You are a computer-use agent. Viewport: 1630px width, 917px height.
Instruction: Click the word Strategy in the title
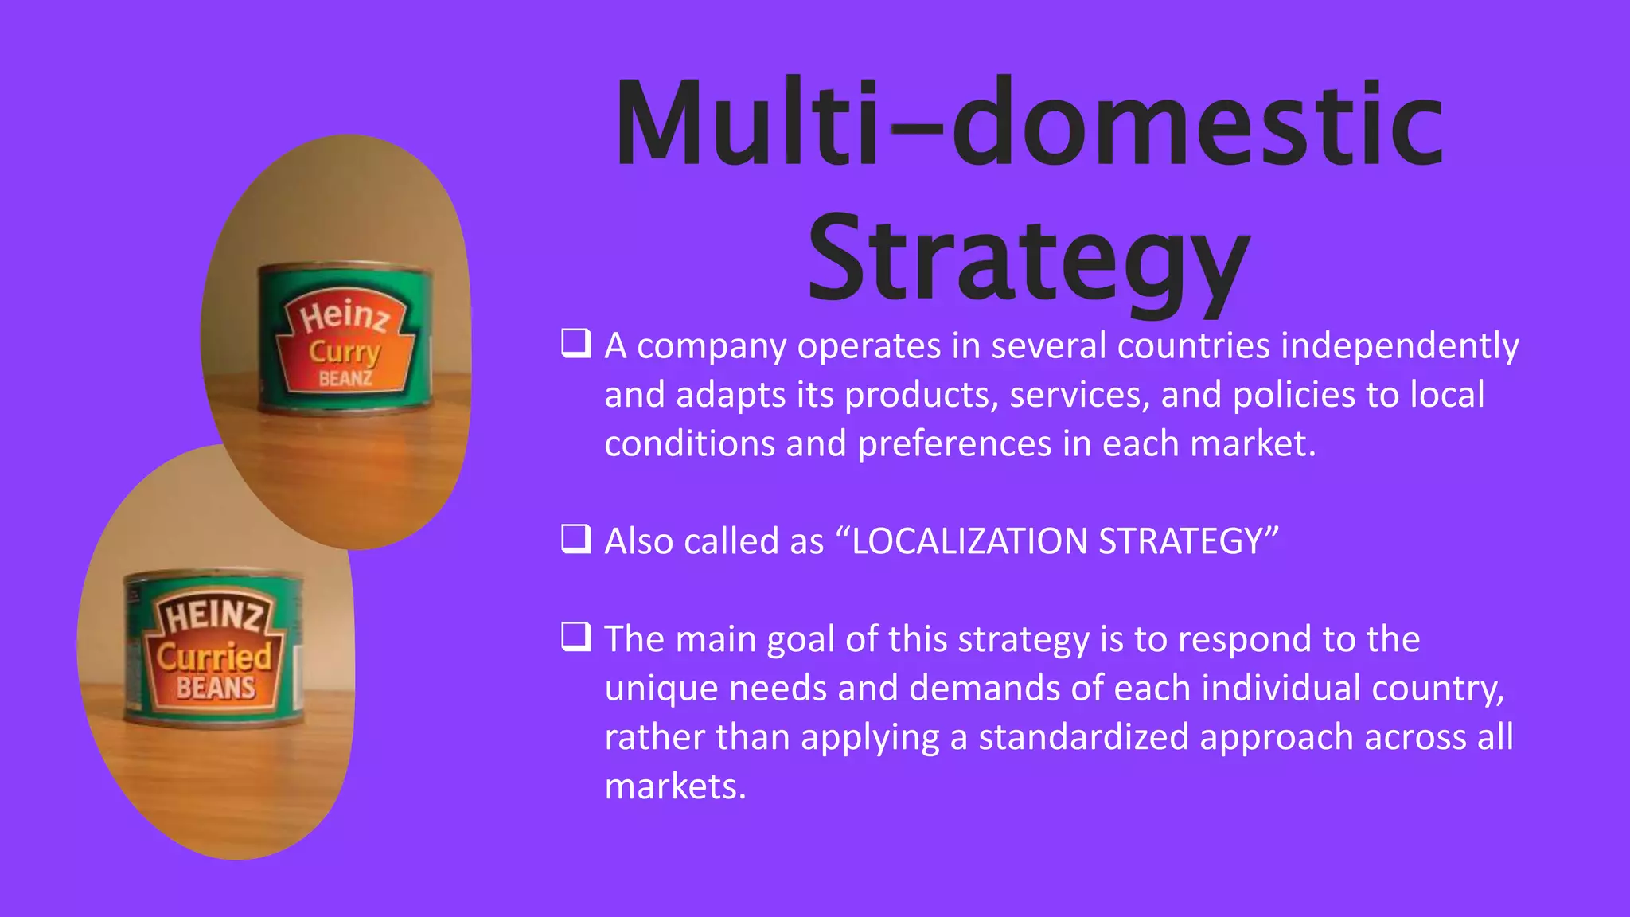click(1028, 259)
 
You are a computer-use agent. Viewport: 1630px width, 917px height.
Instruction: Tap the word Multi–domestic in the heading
click(1028, 123)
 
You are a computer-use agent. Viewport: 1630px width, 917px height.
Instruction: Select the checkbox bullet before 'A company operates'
click(576, 344)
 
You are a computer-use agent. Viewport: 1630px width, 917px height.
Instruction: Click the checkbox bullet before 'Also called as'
click(576, 539)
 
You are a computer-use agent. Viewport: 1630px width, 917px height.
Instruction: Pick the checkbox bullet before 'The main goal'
click(576, 637)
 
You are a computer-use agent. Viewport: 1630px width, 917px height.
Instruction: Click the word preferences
click(954, 444)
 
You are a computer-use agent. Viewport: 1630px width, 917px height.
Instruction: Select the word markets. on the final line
click(675, 786)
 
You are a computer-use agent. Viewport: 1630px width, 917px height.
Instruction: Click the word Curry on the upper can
click(345, 352)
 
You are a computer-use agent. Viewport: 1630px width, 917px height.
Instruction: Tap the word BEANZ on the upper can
click(345, 378)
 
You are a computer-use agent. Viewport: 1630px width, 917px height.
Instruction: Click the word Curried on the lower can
click(214, 657)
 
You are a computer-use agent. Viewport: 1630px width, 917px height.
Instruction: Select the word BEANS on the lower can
click(216, 688)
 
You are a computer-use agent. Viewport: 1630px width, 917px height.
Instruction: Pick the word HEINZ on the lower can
click(213, 616)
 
